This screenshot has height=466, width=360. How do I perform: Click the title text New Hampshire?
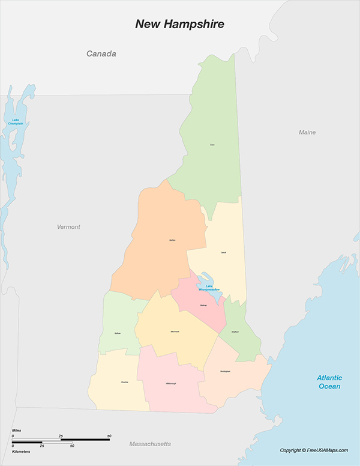pos(179,24)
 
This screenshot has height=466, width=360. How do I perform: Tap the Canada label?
pos(101,54)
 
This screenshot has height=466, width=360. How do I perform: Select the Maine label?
pos(307,132)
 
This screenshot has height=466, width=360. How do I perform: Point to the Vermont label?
pos(68,227)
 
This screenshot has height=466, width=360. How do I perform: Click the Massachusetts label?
pos(150,444)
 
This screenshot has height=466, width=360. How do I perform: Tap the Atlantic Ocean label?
pos(329,382)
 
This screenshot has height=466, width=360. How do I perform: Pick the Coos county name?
pos(212,145)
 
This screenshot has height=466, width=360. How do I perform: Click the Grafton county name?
pos(172,240)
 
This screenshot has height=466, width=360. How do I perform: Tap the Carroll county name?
pos(223,252)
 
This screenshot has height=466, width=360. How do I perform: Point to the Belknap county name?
pos(203,305)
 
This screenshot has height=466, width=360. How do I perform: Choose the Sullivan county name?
pos(118,333)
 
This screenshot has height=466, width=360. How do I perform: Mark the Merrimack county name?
pos(174,331)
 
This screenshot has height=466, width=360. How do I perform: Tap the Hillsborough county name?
pos(171,384)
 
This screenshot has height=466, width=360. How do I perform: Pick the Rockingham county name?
pos(225,371)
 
